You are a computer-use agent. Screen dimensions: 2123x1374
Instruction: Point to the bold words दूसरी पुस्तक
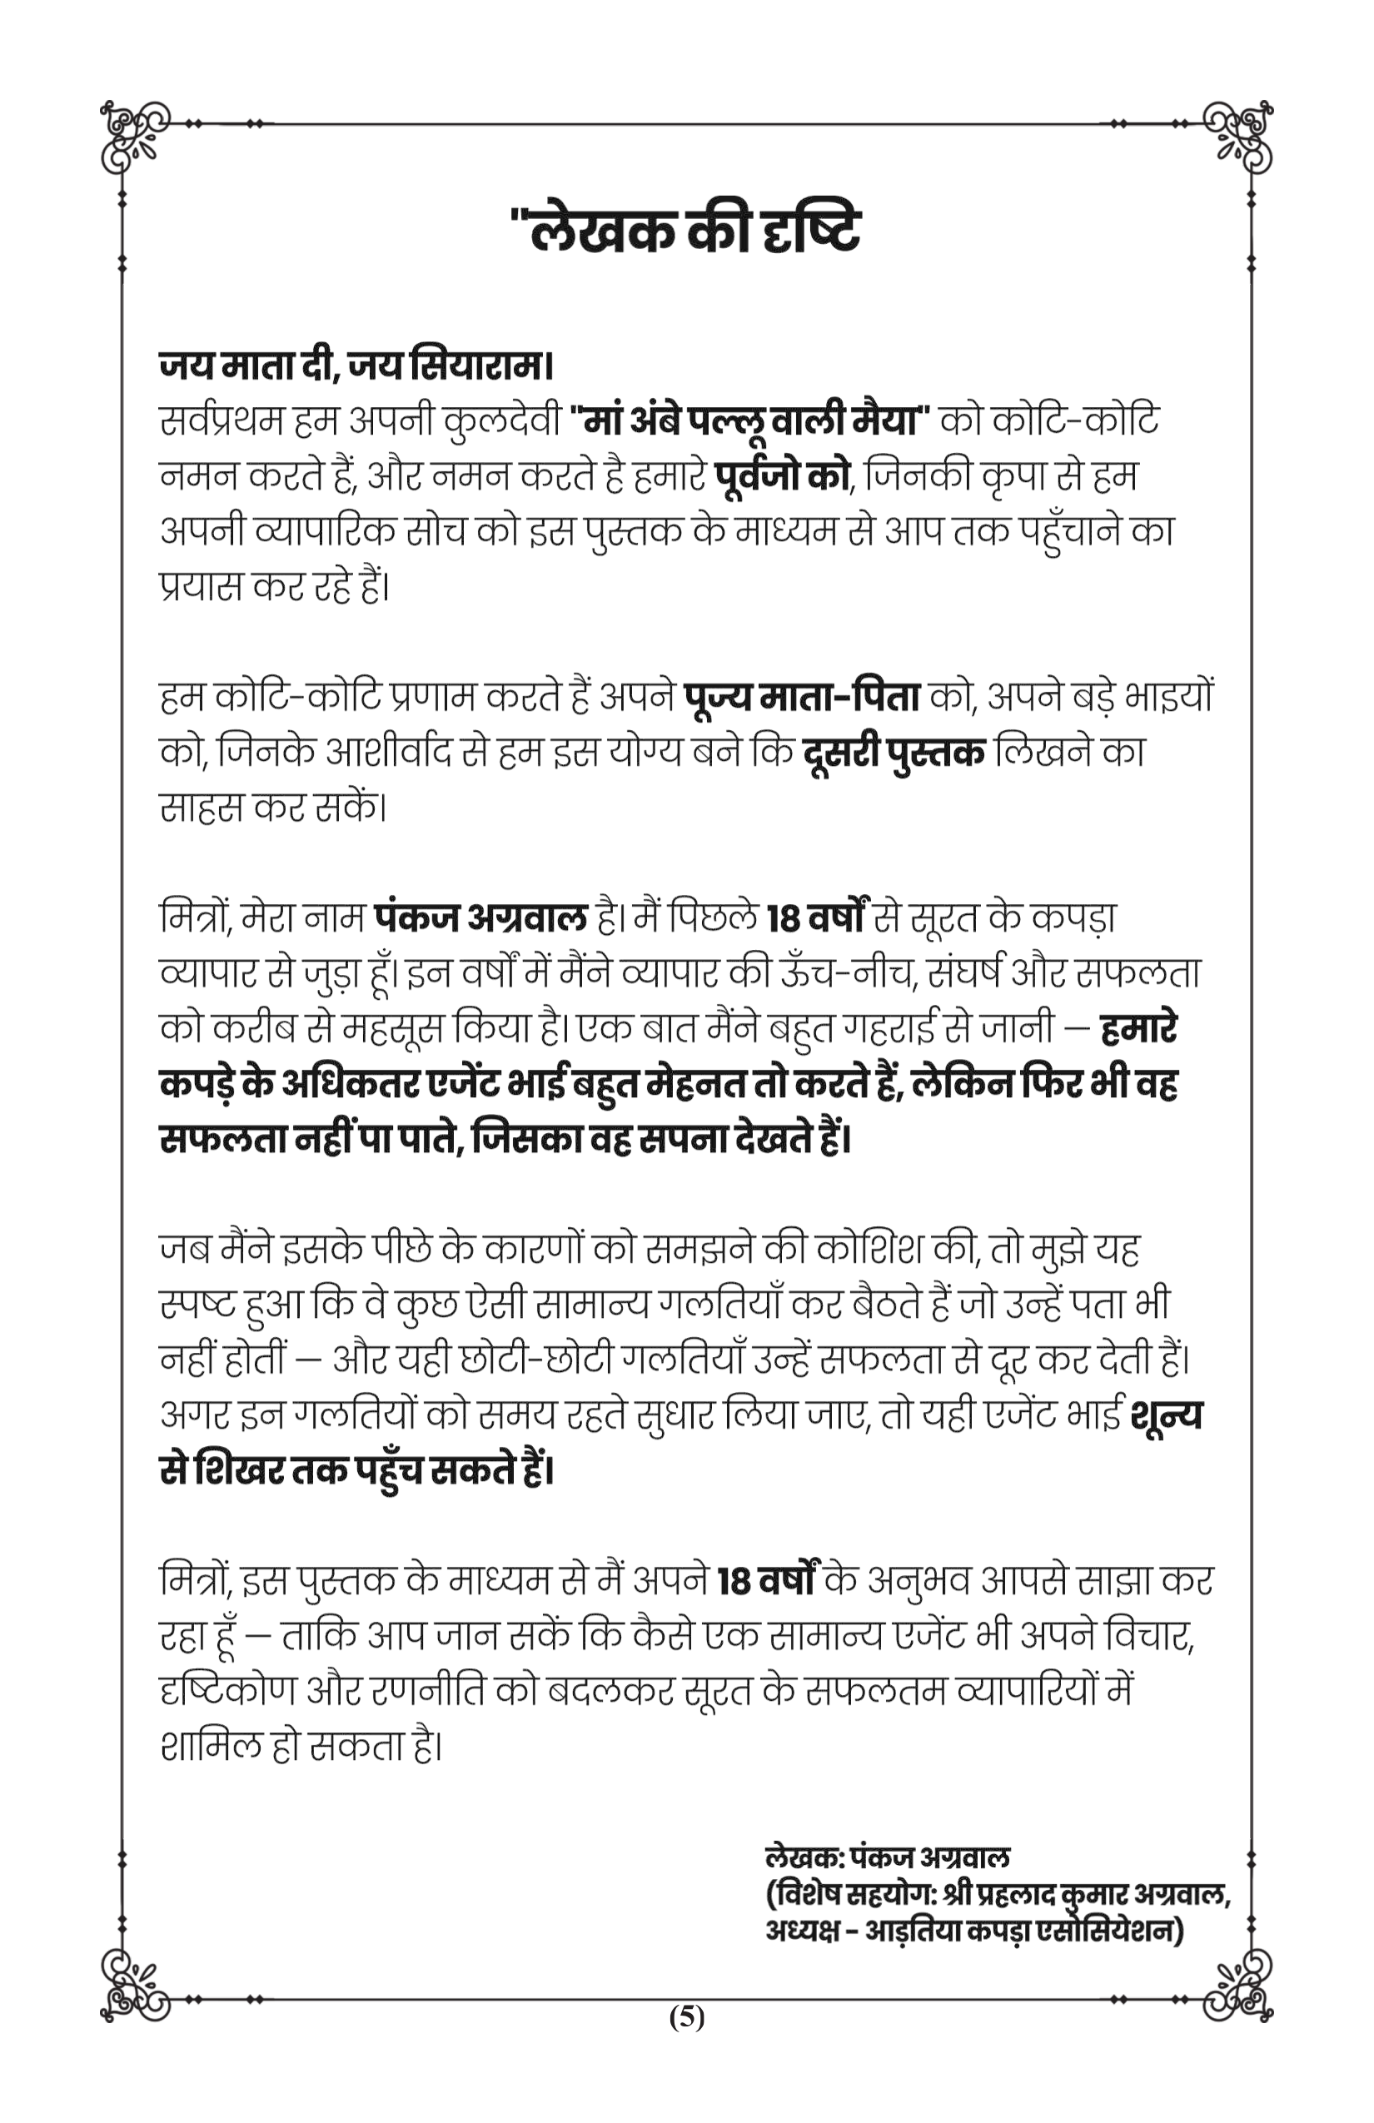893,753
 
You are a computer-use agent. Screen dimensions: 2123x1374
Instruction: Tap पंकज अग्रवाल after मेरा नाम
481,917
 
